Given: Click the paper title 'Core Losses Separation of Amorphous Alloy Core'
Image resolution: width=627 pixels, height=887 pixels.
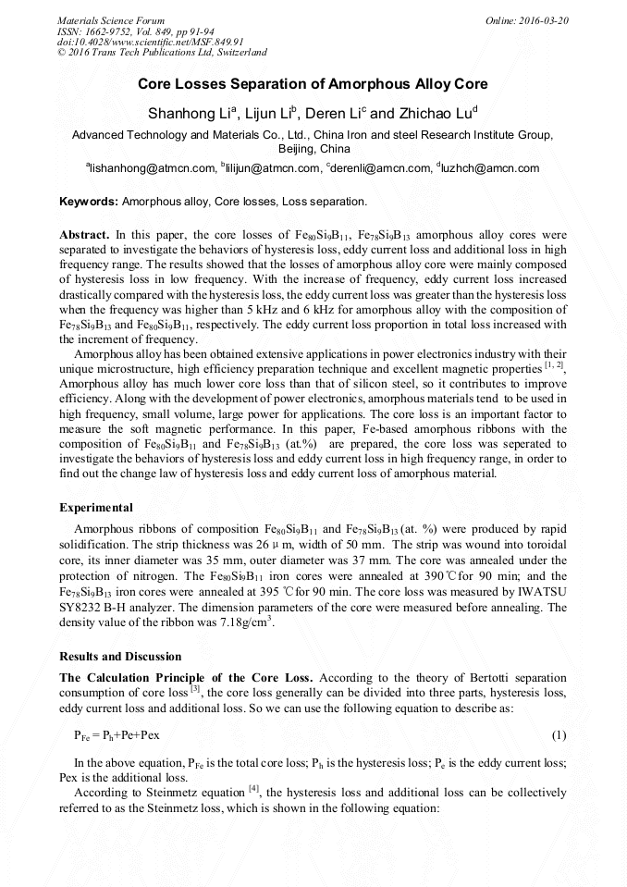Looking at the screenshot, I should tap(313, 84).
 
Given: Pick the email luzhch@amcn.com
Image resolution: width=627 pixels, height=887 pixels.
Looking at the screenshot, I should tap(495, 168).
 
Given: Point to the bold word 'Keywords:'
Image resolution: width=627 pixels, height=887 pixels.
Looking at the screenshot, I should tap(89, 201).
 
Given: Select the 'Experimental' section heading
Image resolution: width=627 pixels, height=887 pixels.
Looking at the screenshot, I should tap(96, 508).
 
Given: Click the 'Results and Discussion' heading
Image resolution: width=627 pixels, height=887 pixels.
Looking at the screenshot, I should tap(120, 657).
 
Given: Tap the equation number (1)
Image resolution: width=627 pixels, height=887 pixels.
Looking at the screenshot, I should tap(559, 735).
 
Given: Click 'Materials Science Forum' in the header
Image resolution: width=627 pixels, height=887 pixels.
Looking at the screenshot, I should tap(111, 19).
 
